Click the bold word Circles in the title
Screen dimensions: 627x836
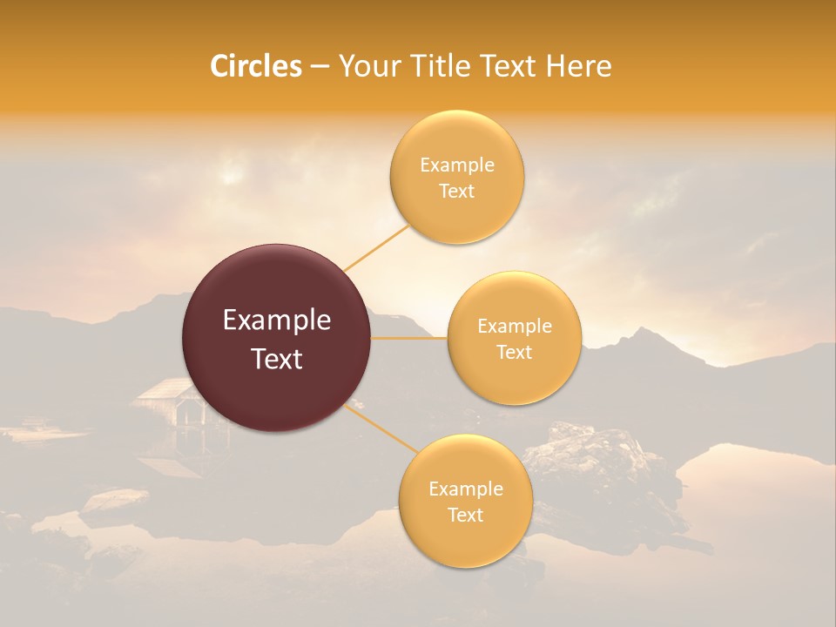point(255,66)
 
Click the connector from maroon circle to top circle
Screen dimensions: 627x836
point(377,247)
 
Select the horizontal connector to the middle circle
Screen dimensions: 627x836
point(408,338)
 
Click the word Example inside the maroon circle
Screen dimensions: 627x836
point(276,320)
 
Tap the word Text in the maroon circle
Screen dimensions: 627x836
point(276,359)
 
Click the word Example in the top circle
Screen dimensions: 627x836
point(456,165)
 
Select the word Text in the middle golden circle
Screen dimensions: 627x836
point(514,352)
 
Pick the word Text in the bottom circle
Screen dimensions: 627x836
point(465,515)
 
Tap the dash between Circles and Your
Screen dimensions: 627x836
point(320,67)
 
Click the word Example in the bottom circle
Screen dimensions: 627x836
point(465,489)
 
